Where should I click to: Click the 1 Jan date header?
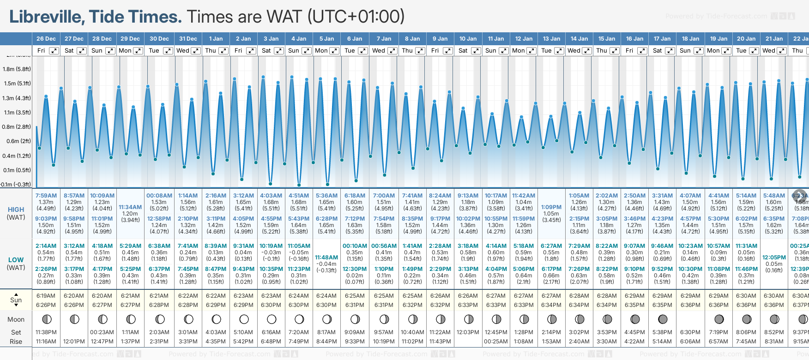click(216, 39)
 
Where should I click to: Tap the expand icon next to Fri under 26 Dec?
click(54, 51)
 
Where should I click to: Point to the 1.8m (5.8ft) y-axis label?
click(17, 69)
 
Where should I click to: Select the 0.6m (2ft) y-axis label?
click(17, 141)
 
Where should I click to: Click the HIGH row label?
click(16, 210)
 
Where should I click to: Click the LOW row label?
click(16, 260)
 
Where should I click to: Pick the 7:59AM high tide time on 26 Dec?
click(46, 196)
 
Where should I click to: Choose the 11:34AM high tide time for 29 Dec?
click(130, 207)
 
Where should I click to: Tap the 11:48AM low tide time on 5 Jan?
click(326, 258)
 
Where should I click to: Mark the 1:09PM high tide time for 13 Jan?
click(551, 207)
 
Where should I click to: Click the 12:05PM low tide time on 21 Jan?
click(774, 258)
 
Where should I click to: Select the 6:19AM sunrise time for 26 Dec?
click(46, 296)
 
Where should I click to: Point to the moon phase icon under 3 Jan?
click(272, 319)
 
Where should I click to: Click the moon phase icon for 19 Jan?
click(719, 319)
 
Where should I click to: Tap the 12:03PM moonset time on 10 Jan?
click(468, 332)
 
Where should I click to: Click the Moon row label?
click(16, 319)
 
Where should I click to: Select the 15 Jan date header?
click(607, 39)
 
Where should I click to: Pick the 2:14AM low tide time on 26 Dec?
click(46, 246)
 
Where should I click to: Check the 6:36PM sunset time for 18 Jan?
click(690, 305)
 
